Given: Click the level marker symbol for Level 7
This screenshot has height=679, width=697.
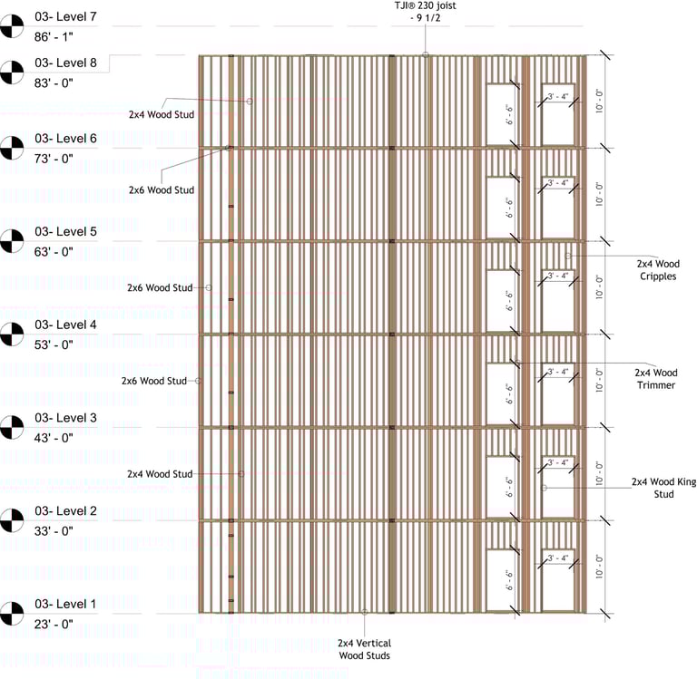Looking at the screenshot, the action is tap(12, 26).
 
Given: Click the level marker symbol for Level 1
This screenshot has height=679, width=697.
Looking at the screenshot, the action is tap(12, 614).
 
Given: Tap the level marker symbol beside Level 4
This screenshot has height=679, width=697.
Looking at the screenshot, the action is tap(12, 335).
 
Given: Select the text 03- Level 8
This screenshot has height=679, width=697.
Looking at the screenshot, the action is tap(65, 63).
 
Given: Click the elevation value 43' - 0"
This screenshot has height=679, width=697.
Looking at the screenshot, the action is tap(54, 438).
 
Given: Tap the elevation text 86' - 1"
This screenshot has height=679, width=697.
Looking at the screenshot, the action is tap(54, 37).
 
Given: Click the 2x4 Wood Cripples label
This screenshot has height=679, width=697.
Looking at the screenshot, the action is tap(657, 269).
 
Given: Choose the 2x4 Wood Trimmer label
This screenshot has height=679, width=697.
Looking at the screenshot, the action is tap(655, 379).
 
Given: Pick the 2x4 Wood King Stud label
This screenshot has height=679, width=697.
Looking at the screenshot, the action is tap(663, 488).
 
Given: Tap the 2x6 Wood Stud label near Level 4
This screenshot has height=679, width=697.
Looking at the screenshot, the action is tap(154, 381).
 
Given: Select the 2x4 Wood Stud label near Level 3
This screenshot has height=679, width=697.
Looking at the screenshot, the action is tap(161, 474).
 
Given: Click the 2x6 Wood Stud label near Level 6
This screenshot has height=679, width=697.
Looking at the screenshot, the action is tap(161, 190).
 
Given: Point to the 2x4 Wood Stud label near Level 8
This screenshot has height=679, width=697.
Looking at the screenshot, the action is tap(161, 114).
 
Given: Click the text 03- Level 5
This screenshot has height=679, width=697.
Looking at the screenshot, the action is tap(65, 231).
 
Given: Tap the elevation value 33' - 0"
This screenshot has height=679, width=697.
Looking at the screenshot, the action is tap(54, 531).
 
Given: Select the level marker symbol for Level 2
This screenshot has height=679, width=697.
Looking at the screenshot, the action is tap(12, 520).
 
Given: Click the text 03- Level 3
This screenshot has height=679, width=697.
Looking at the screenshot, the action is tap(65, 418).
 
